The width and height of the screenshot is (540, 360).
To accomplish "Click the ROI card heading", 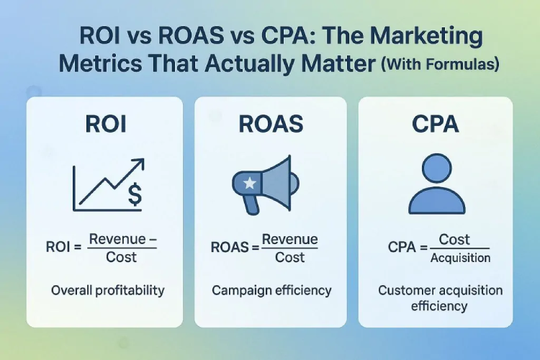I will pyautogui.click(x=105, y=123).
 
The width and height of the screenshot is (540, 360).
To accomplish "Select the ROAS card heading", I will pyautogui.click(x=271, y=123).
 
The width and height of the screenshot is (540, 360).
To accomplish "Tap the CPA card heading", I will pyautogui.click(x=436, y=123).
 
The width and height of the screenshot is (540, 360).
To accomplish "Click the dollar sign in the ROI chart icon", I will pyautogui.click(x=134, y=192).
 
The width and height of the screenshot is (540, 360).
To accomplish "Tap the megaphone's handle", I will pyautogui.click(x=251, y=205).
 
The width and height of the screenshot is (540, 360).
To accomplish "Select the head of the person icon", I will pyautogui.click(x=435, y=168).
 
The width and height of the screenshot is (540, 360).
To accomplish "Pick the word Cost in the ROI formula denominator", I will pyautogui.click(x=121, y=258).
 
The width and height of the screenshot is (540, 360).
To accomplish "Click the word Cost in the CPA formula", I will pyautogui.click(x=454, y=240).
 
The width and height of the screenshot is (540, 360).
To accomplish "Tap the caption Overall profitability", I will pyautogui.click(x=107, y=291).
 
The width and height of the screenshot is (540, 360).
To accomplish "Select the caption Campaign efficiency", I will pyautogui.click(x=271, y=291).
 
